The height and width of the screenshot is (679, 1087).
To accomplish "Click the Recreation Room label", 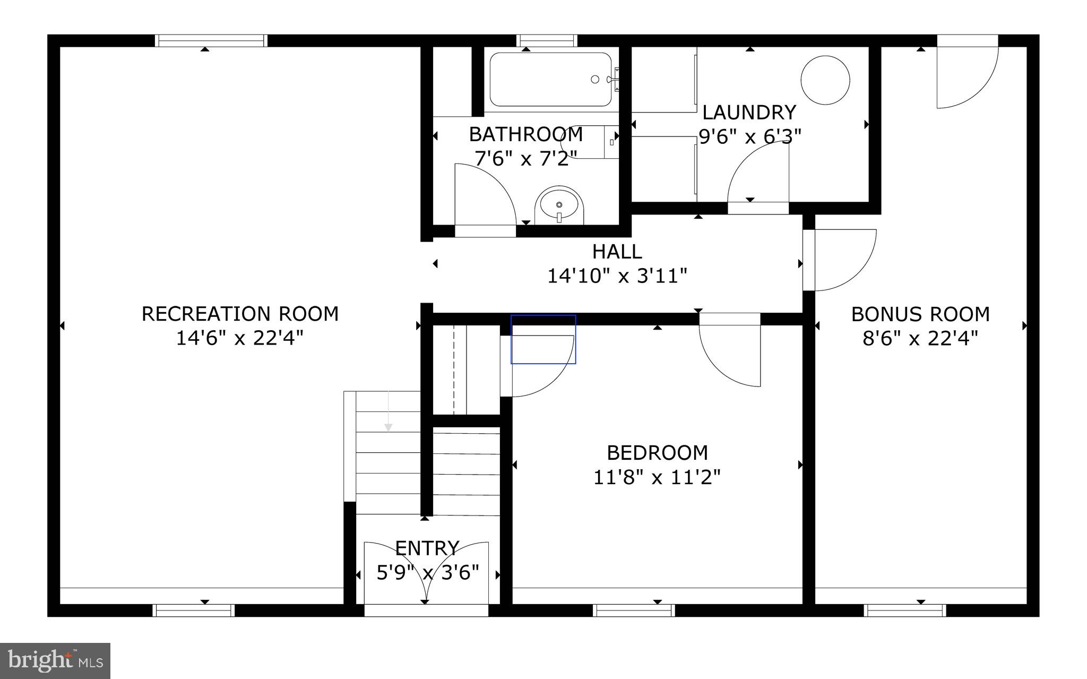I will pyautogui.click(x=240, y=314).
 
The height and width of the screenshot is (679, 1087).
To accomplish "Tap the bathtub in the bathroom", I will pyautogui.click(x=550, y=80).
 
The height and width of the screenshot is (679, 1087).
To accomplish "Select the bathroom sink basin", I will pyautogui.click(x=559, y=205).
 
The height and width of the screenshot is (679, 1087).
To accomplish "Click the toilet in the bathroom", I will pyautogui.click(x=589, y=142).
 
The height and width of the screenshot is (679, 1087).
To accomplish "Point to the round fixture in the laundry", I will pyautogui.click(x=825, y=80).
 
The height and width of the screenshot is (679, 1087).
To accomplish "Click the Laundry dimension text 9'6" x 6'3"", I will pyautogui.click(x=749, y=137).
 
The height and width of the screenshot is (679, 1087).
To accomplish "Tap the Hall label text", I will pyautogui.click(x=617, y=251).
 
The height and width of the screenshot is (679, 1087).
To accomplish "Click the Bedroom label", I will pyautogui.click(x=657, y=453).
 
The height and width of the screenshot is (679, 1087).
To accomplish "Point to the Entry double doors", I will pyautogui.click(x=426, y=573).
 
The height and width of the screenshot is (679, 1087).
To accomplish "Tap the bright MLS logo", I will pyautogui.click(x=55, y=661).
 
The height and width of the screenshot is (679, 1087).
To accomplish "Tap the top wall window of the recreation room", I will pyautogui.click(x=211, y=41).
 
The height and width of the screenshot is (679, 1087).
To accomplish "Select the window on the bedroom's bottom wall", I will pyautogui.click(x=634, y=611).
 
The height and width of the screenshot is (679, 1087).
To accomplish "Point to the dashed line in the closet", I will pyautogui.click(x=454, y=369).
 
